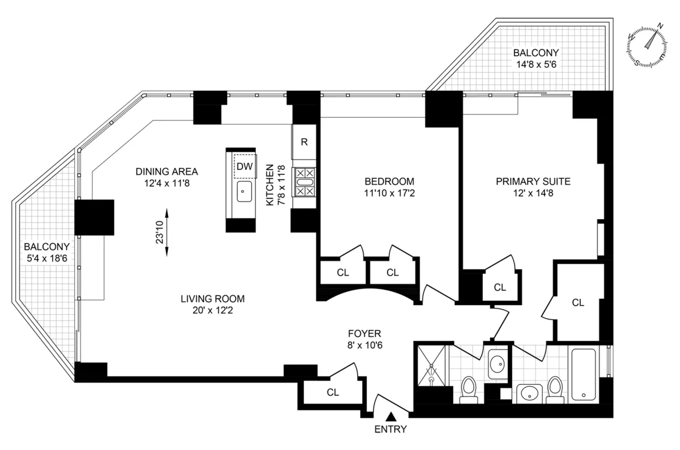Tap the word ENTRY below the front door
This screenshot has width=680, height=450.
pyautogui.click(x=390, y=429)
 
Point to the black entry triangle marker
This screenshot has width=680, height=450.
pyautogui.click(x=390, y=417)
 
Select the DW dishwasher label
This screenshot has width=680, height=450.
pyautogui.click(x=245, y=166)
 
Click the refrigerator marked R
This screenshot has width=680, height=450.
pyautogui.click(x=304, y=142)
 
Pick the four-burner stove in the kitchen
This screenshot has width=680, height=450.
pyautogui.click(x=304, y=182)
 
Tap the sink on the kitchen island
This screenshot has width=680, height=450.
pyautogui.click(x=244, y=192)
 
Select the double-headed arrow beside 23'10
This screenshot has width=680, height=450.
pyautogui.click(x=167, y=232)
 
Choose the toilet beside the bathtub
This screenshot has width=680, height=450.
pyautogui.click(x=555, y=391)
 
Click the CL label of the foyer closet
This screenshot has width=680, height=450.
pyautogui.click(x=333, y=392)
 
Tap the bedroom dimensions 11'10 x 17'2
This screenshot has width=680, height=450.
pyautogui.click(x=389, y=194)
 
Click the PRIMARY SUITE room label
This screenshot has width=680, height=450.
pyautogui.click(x=533, y=182)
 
